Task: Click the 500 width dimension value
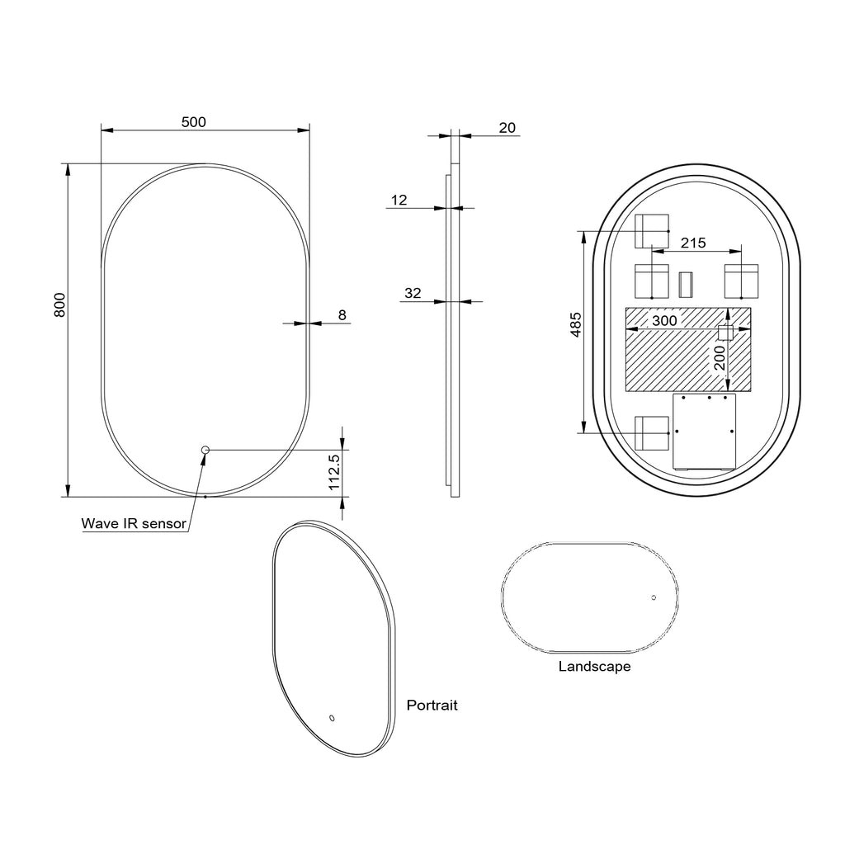(x=193, y=122)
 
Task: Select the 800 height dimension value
(x=59, y=305)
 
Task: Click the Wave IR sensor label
(x=134, y=523)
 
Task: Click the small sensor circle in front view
(x=206, y=450)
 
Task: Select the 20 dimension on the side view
(x=507, y=127)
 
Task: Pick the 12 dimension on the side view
(x=399, y=200)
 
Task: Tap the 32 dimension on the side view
(x=413, y=293)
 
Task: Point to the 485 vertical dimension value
(x=577, y=323)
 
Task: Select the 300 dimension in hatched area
(x=664, y=320)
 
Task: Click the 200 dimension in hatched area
(x=720, y=358)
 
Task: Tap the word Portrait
(x=432, y=706)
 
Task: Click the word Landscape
(x=594, y=666)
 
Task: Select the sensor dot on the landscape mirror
(x=653, y=597)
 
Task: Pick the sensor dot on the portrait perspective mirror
(x=332, y=718)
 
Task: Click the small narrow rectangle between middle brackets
(x=685, y=285)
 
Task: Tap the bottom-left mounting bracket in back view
(x=651, y=431)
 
